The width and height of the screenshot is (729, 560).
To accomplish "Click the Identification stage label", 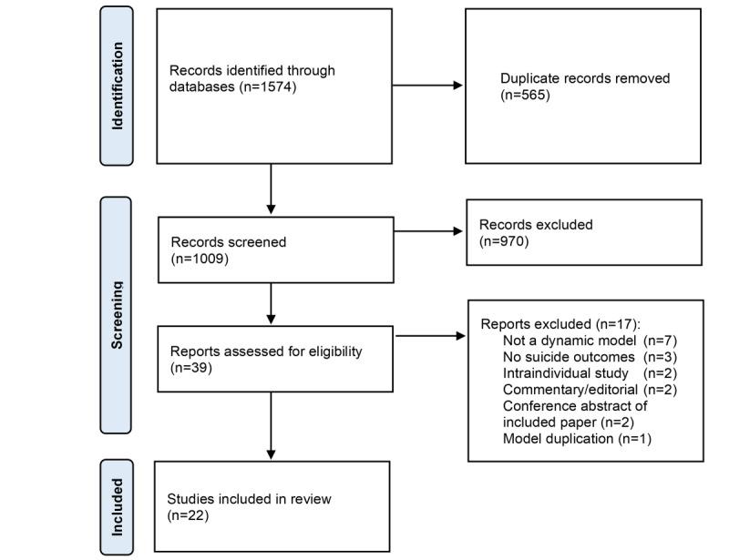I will pyautogui.click(x=117, y=87).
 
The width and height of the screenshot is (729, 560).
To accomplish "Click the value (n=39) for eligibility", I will pyautogui.click(x=190, y=368).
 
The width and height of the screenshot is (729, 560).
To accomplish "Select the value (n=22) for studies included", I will pyautogui.click(x=189, y=515).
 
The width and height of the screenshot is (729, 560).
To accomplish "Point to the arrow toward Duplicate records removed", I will pyautogui.click(x=428, y=86).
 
